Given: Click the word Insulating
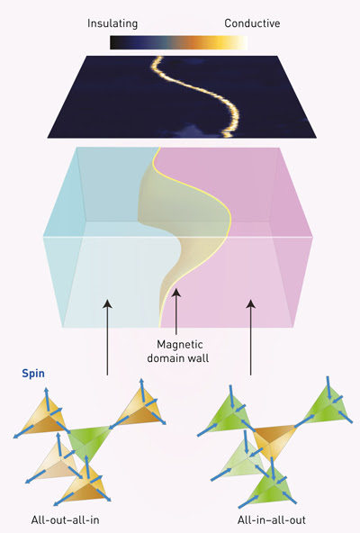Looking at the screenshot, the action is point(112,23).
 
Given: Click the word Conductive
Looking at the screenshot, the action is point(252,23).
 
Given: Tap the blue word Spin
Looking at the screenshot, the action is point(33,374).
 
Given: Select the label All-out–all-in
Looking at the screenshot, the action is point(66,520).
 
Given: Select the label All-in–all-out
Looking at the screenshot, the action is point(272,520).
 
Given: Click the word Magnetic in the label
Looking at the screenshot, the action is point(180,345).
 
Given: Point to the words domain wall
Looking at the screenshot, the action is point(178,358).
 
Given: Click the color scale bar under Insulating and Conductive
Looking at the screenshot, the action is point(178,43).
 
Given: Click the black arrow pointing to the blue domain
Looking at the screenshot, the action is point(107,338).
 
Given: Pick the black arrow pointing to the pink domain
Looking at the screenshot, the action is point(251,338).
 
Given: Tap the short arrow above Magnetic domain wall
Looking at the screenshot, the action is point(176,312).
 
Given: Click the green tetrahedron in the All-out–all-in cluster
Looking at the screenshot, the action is point(89,444).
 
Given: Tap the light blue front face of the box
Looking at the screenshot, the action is point(109,282).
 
